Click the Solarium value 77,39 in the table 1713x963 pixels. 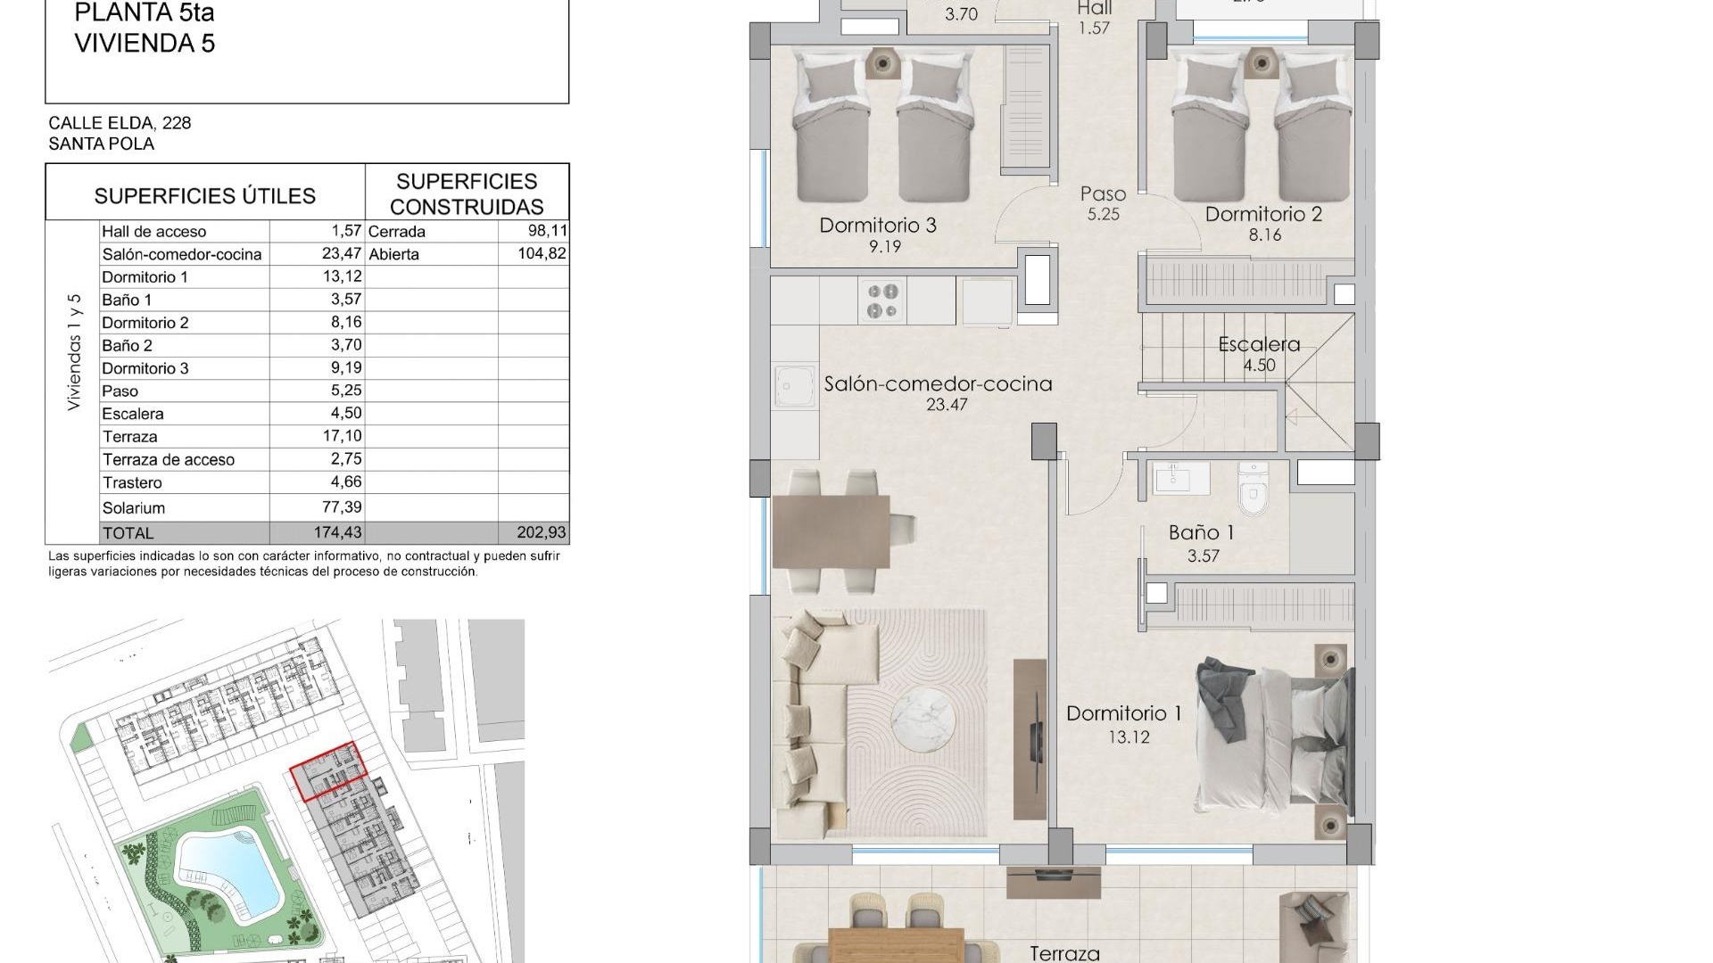341,507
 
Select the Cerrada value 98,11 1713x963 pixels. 542,231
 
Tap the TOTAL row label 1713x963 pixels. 128,533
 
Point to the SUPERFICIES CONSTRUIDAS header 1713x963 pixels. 467,193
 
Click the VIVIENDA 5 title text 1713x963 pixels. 145,43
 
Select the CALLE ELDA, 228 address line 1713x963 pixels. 120,123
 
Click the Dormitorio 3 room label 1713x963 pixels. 878,226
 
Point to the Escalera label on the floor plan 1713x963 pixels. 1259,344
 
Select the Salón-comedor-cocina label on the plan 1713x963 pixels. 938,384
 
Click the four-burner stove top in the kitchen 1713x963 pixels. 882,300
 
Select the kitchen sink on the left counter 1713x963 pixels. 794,389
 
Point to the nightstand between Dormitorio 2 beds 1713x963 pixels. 1260,62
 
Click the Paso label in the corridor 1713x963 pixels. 1103,194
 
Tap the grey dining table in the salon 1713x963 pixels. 832,532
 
